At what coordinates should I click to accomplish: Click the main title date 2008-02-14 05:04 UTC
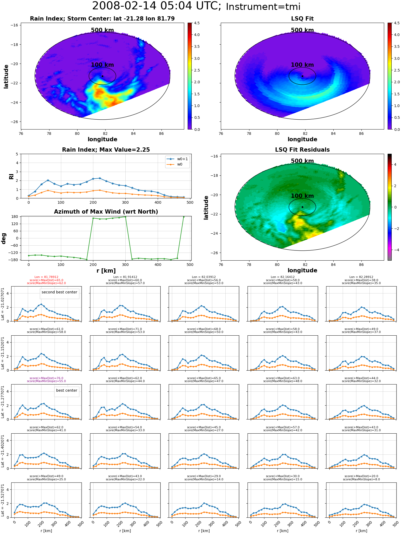click(x=157, y=6)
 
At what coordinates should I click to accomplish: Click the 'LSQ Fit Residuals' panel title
click(x=302, y=150)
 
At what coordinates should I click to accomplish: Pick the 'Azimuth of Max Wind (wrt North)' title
click(x=106, y=212)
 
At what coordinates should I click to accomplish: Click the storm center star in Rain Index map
click(x=102, y=76)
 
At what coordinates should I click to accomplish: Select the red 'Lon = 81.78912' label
click(x=46, y=277)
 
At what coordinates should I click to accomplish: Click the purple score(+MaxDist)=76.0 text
click(x=46, y=378)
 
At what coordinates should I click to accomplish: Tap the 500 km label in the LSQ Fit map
click(x=302, y=30)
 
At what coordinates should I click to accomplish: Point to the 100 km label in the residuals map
click(x=302, y=196)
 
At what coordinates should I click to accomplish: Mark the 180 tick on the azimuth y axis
click(x=15, y=217)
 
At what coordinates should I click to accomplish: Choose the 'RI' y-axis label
click(x=11, y=176)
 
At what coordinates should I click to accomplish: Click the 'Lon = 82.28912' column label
click(x=361, y=277)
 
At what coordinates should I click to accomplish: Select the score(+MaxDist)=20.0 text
click(x=361, y=476)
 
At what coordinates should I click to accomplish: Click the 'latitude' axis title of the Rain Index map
click(x=6, y=76)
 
